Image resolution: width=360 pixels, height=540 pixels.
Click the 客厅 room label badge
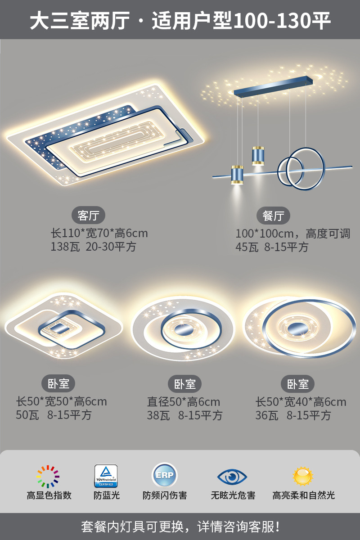(88, 216)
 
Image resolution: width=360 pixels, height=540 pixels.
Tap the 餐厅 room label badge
(273, 216)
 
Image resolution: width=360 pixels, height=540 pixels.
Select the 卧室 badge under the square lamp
(58, 384)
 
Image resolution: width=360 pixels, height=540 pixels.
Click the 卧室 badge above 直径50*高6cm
(185, 384)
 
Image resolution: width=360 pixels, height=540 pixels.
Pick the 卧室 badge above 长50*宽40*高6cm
(298, 384)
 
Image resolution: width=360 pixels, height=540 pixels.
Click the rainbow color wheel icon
(48, 477)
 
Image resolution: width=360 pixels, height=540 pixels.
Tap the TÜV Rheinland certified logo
(106, 476)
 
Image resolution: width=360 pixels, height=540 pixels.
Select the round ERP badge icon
(164, 476)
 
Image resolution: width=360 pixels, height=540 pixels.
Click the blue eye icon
(232, 476)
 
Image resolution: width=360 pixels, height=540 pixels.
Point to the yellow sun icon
(303, 476)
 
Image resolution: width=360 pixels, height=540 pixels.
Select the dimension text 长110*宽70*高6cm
(99, 233)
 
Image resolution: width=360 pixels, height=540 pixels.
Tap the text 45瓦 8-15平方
(272, 247)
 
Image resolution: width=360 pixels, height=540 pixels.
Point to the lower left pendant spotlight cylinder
(237, 175)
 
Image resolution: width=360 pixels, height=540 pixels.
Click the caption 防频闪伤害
(165, 495)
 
